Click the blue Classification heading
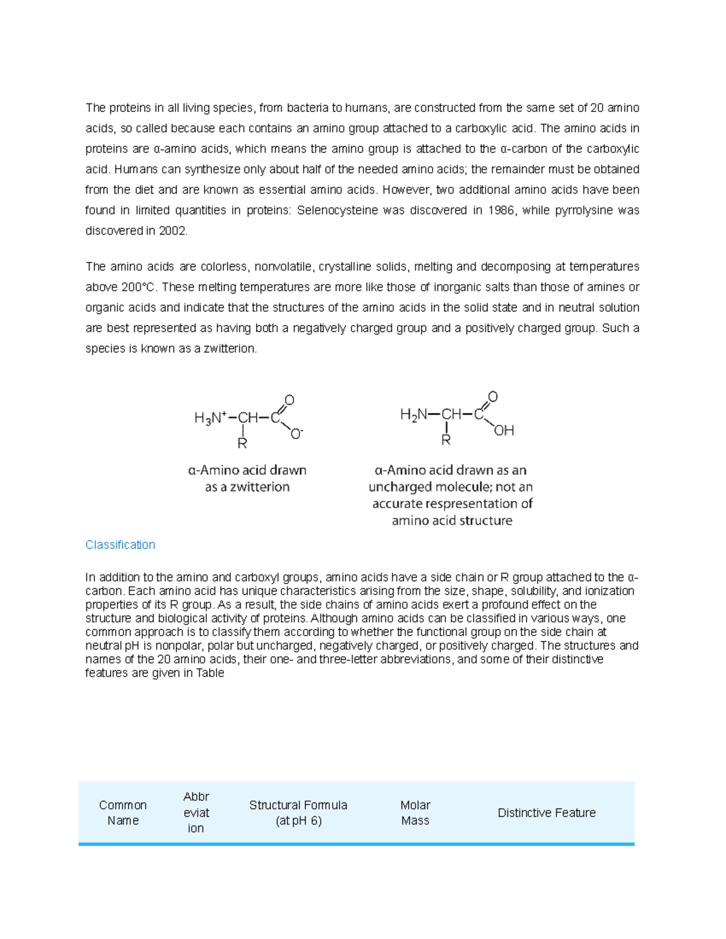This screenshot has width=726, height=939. click(120, 545)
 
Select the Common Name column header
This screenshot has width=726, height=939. click(123, 813)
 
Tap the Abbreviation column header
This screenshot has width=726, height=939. click(196, 813)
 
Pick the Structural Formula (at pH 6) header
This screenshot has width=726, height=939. click(298, 813)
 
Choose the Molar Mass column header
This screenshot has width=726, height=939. click(415, 813)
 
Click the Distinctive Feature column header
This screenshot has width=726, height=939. click(546, 813)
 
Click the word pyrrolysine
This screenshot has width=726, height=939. click(578, 210)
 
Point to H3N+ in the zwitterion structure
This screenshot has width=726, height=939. click(210, 418)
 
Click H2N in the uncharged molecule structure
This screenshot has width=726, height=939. click(413, 415)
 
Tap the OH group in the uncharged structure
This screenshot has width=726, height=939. click(503, 431)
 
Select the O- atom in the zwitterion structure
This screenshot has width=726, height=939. click(296, 434)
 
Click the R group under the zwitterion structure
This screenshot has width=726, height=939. click(242, 444)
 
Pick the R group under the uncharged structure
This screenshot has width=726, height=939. click(446, 441)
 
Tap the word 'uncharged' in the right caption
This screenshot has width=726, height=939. click(399, 487)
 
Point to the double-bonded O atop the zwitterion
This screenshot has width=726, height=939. click(289, 400)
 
